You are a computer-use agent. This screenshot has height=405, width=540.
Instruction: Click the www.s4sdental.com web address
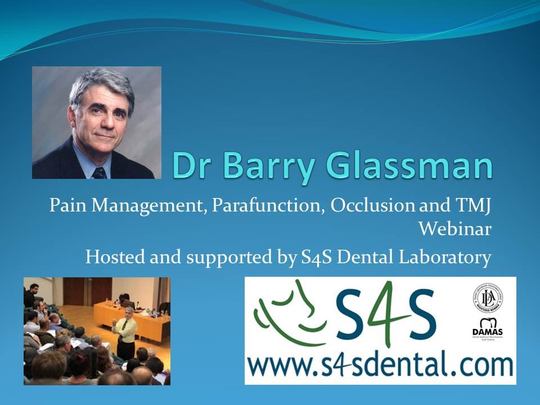[380, 366]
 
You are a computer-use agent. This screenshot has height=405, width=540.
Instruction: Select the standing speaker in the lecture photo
[125, 332]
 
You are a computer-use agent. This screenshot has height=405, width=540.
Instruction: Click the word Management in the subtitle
[149, 206]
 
